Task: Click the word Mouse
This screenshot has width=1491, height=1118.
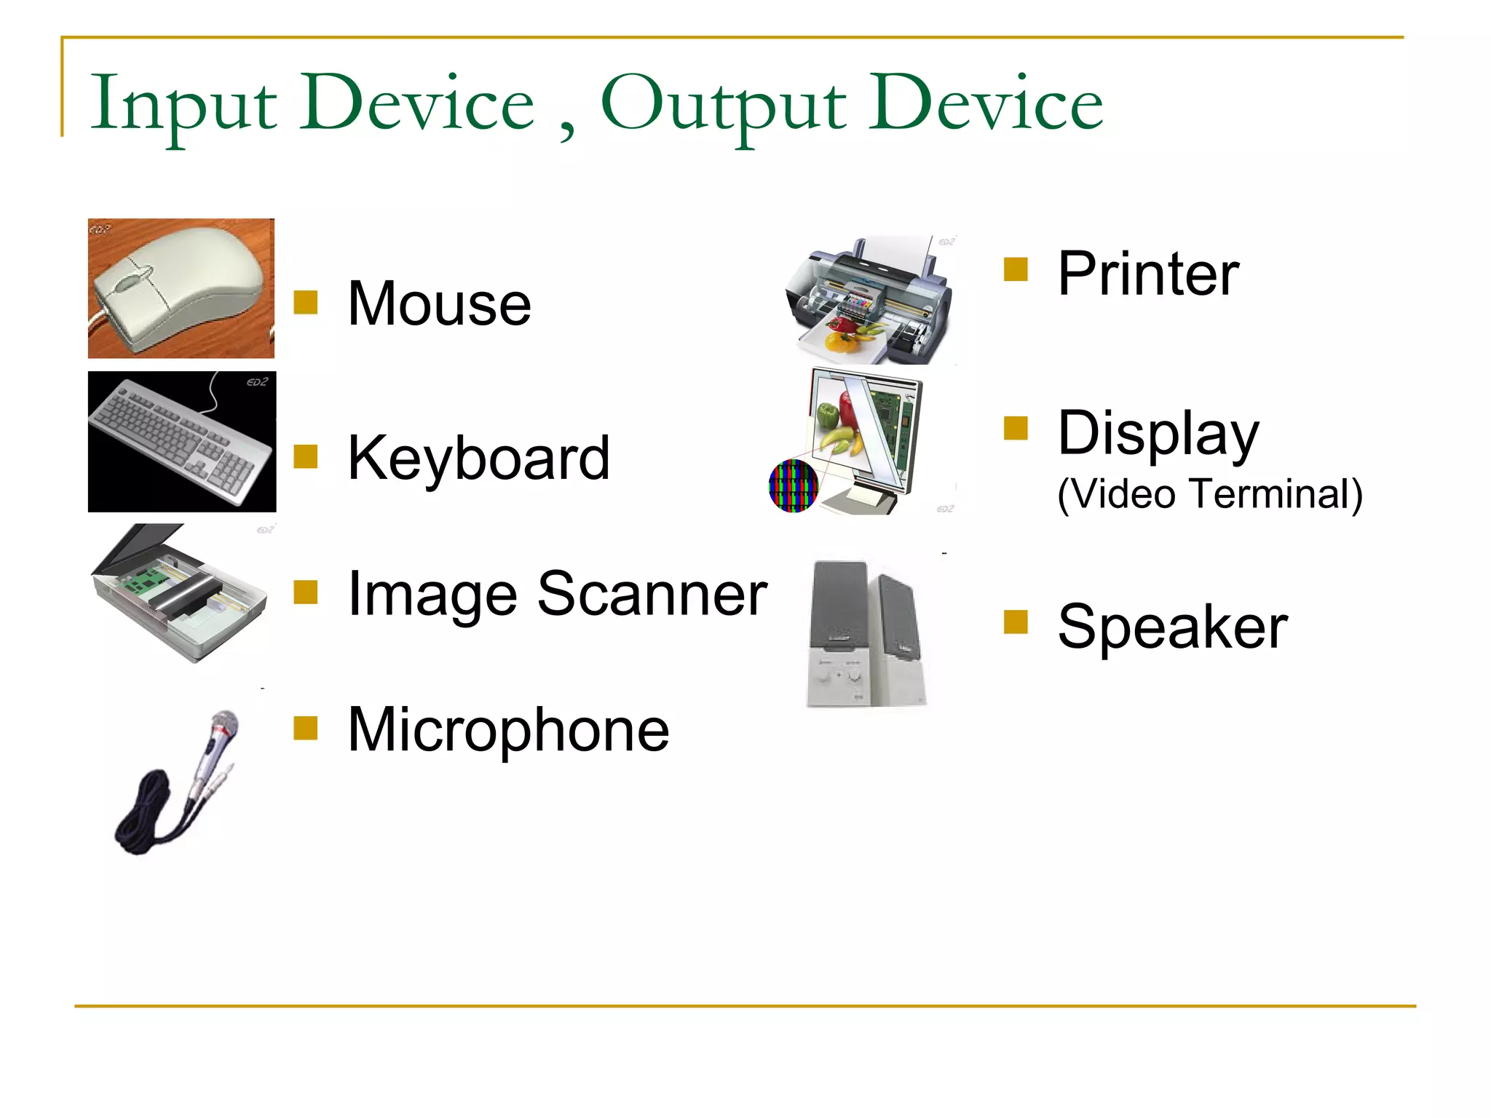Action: point(439,304)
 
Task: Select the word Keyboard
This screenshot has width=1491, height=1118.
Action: point(478,458)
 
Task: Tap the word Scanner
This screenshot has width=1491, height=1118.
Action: point(652,594)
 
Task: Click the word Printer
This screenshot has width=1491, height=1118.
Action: point(1148,274)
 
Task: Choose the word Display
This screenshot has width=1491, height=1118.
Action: point(1158,433)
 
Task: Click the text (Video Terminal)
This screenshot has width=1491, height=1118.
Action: point(1209,494)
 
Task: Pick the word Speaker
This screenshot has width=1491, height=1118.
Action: point(1172,627)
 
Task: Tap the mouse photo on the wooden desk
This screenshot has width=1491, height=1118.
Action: point(181,288)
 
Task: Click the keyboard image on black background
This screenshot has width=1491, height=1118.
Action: point(181,442)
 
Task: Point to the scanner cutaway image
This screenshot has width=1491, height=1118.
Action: point(181,593)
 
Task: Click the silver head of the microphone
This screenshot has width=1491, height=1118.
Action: point(224,724)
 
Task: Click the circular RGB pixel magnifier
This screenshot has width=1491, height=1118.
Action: point(793,485)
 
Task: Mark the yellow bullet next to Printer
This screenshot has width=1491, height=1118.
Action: point(1015,269)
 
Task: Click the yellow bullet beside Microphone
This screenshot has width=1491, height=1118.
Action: point(305,728)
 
